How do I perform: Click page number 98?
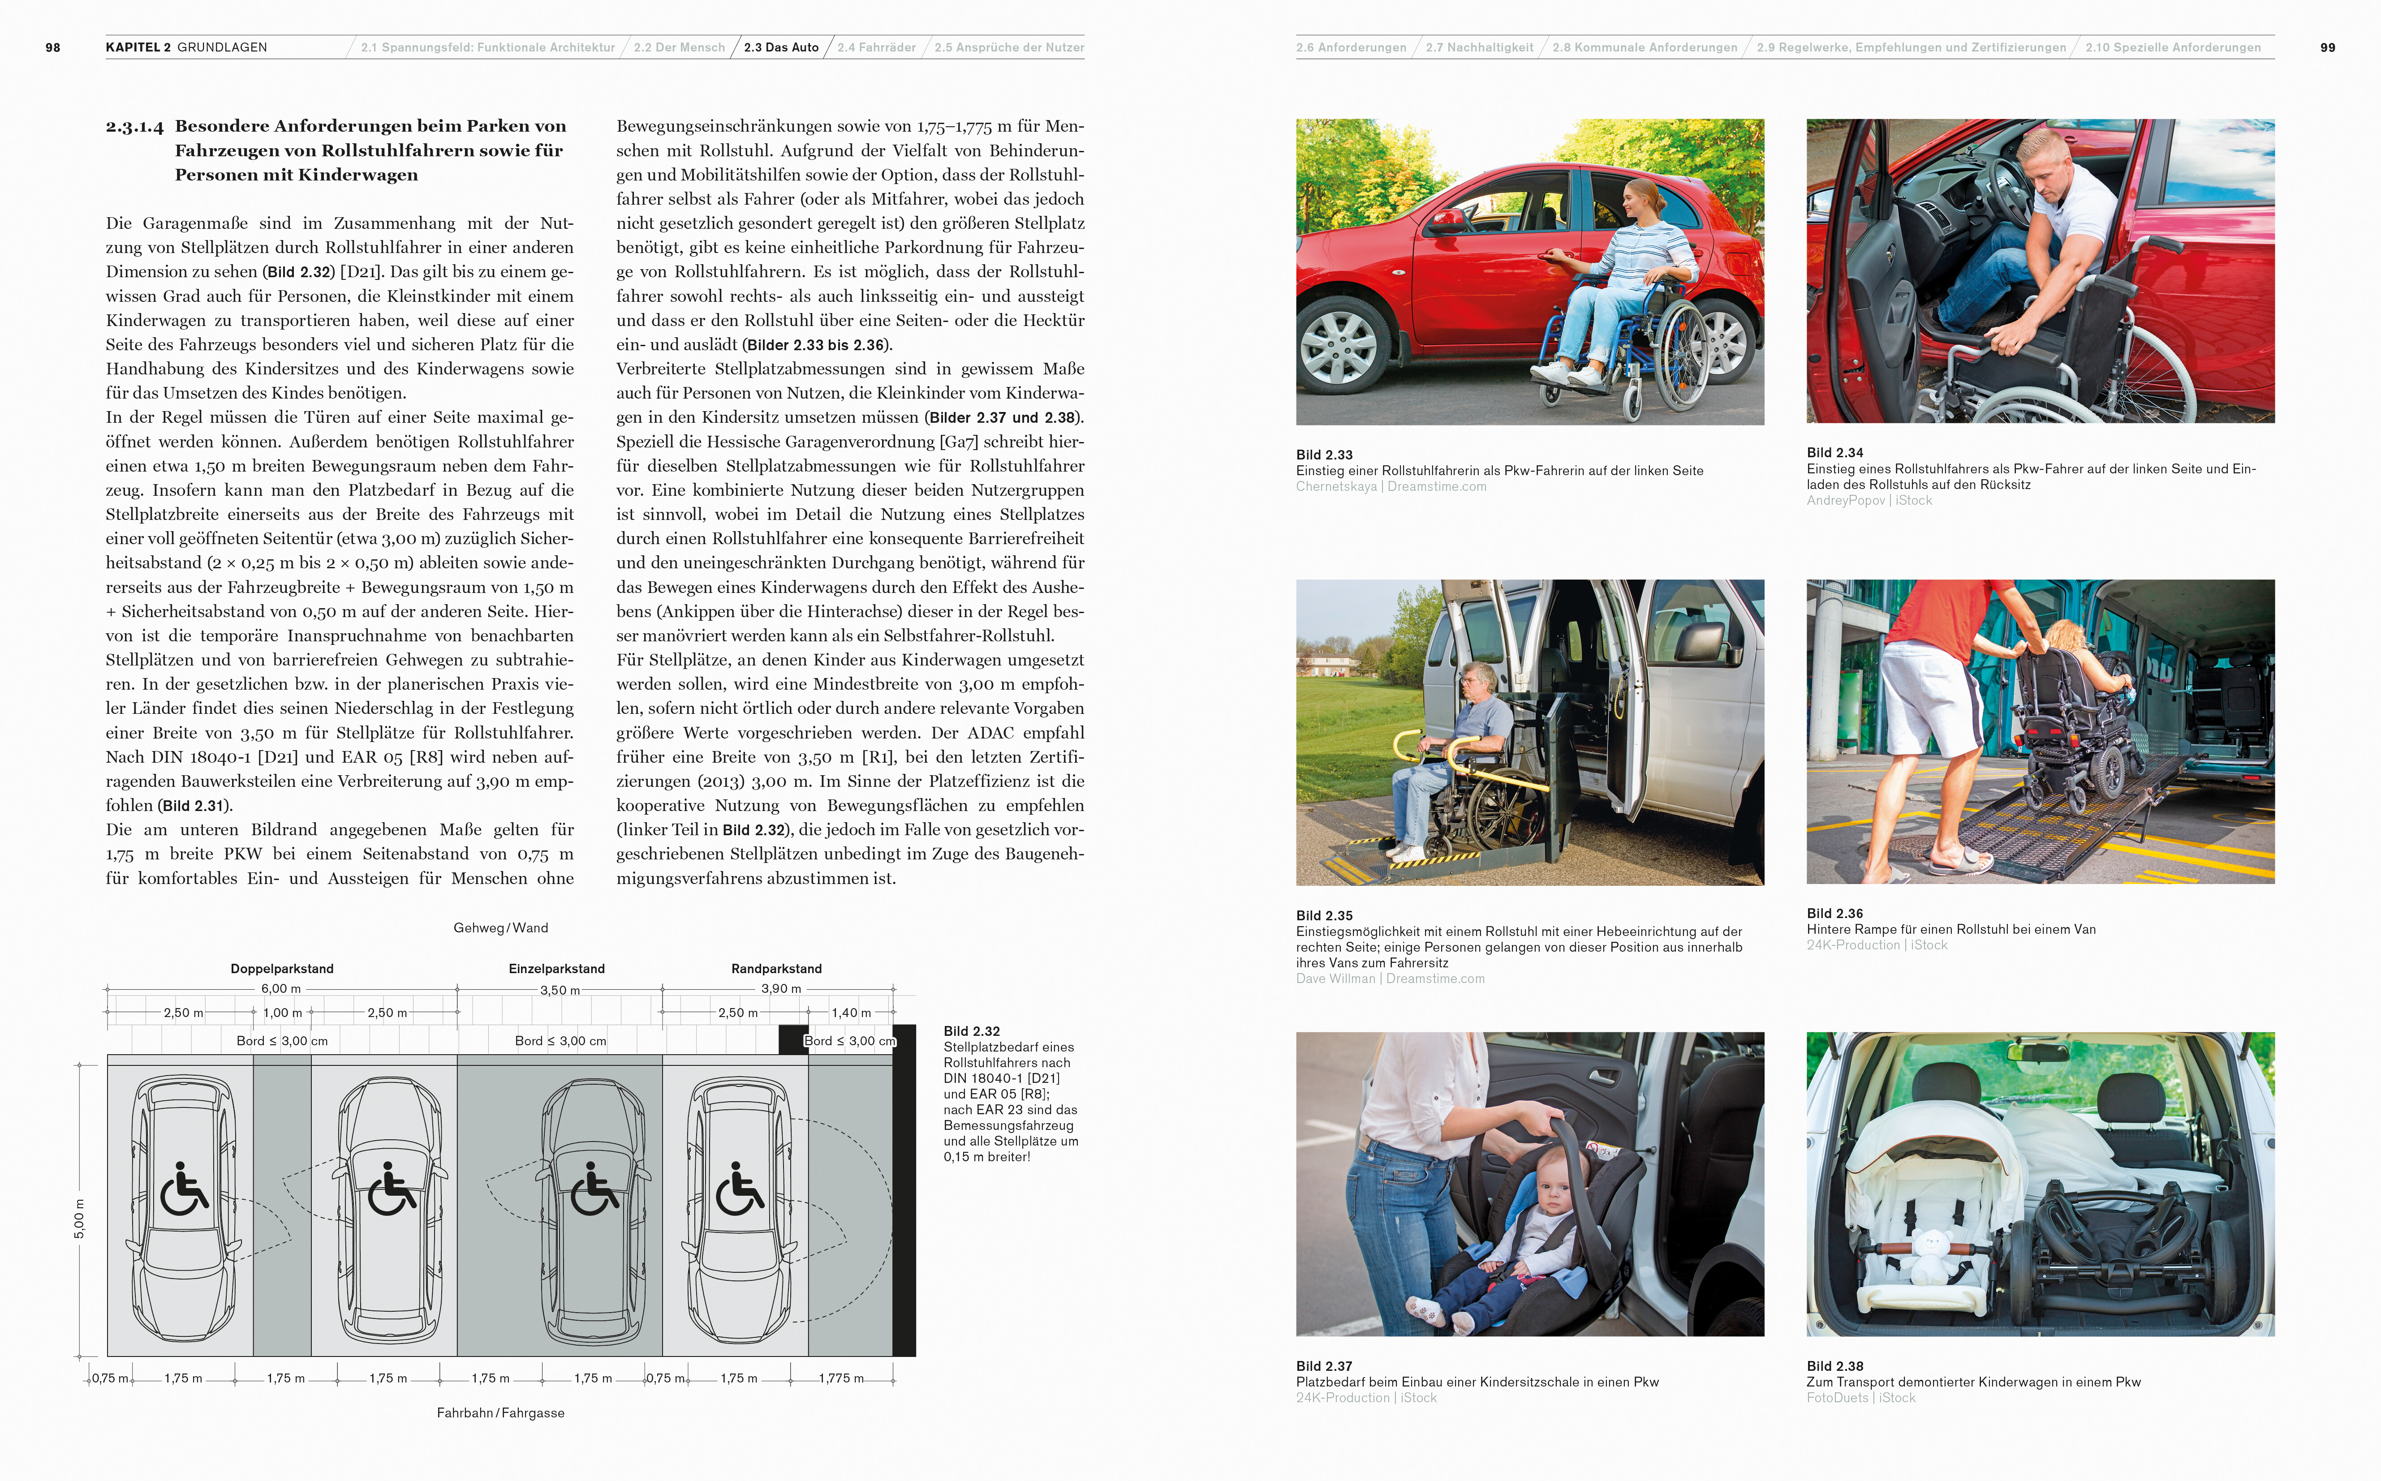[53, 47]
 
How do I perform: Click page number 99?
[2327, 47]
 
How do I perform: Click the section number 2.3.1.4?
[135, 126]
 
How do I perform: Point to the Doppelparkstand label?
[282, 969]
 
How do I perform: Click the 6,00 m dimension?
[281, 988]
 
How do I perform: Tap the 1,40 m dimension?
[851, 1013]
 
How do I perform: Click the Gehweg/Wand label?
[501, 927]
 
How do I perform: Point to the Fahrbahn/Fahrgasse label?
[501, 1412]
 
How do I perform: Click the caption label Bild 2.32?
[971, 1031]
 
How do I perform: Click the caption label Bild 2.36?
[1834, 913]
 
